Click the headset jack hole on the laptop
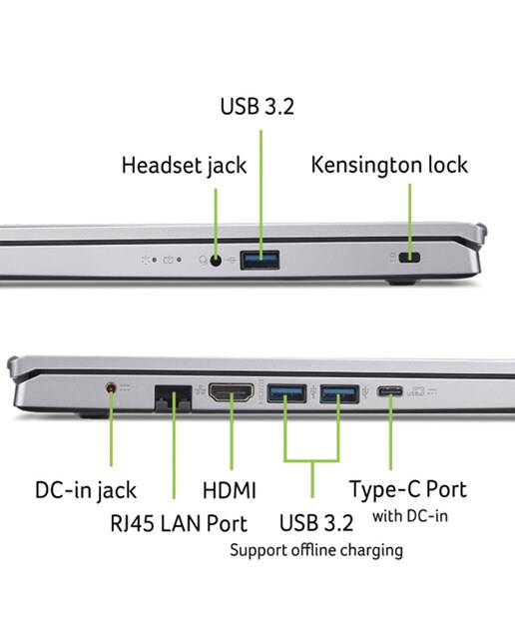(x=216, y=260)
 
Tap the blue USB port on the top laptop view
(x=259, y=260)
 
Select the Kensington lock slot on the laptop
(x=409, y=258)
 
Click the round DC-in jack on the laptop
(x=111, y=388)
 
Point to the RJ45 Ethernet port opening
(x=173, y=397)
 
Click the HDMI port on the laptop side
(x=231, y=392)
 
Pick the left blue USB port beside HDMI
(x=286, y=393)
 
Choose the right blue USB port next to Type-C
(x=339, y=393)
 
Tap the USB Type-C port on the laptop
(x=390, y=391)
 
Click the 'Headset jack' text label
(x=185, y=166)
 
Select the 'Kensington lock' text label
(x=389, y=165)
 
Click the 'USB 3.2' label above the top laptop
(x=257, y=106)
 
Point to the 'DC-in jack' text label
(x=86, y=490)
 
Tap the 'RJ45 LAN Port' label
(x=179, y=523)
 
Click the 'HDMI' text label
(x=230, y=490)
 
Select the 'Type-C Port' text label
(x=408, y=489)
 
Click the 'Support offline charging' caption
(x=316, y=550)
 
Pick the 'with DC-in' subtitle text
(x=410, y=516)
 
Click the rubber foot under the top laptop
(x=401, y=282)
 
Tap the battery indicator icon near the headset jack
(x=169, y=260)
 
